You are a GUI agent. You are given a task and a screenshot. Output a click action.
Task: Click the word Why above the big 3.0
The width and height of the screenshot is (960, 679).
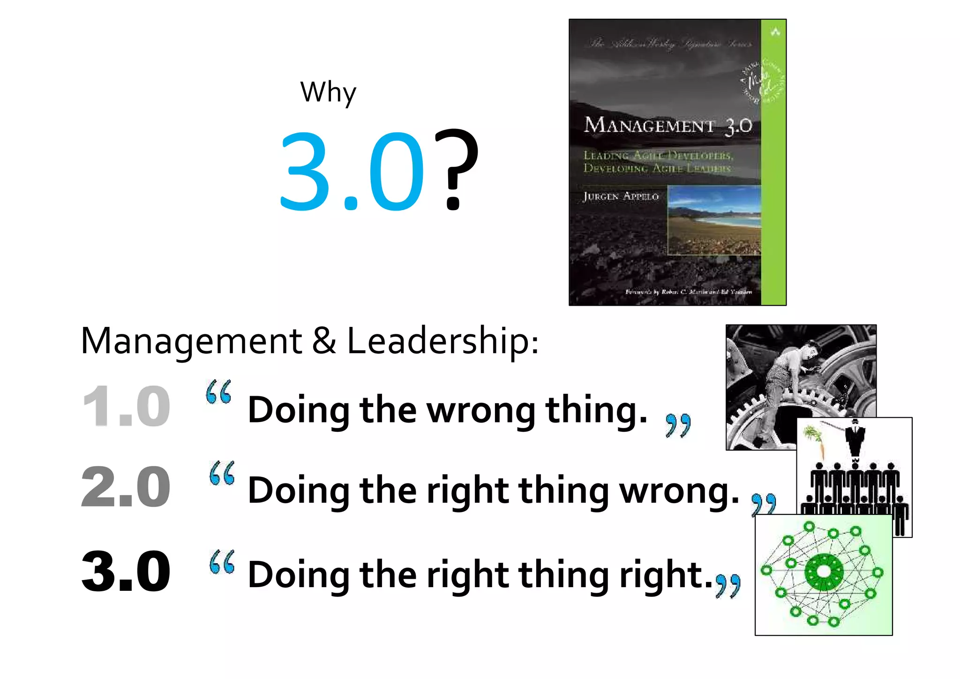pos(328,92)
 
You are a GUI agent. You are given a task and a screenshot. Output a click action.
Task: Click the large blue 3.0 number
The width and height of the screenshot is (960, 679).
pos(352,171)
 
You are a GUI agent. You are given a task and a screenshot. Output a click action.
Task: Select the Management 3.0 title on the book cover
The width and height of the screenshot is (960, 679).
pos(667,125)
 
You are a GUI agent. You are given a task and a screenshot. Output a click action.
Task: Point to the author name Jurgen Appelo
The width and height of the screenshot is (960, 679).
pos(621,196)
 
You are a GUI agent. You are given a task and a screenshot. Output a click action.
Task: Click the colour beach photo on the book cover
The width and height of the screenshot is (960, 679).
pos(714,220)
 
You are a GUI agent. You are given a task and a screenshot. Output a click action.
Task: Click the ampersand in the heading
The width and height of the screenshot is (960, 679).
pos(324,341)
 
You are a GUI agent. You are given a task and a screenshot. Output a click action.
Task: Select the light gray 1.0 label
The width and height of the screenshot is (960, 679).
pos(126,406)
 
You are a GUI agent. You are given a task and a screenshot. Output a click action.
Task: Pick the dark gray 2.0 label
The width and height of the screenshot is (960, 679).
pos(126,487)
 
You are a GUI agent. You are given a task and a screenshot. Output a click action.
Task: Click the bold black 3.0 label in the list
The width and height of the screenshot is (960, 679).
pos(126,571)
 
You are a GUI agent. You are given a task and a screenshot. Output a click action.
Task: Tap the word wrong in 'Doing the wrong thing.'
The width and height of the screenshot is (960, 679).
pos(480,410)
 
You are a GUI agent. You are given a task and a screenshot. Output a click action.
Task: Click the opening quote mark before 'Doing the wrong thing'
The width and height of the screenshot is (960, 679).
pos(219,392)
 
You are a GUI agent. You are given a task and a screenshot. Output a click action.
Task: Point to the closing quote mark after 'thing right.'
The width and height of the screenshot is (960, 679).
pos(728,586)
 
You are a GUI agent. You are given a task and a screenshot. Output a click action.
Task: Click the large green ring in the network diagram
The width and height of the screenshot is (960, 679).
pos(824,572)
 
